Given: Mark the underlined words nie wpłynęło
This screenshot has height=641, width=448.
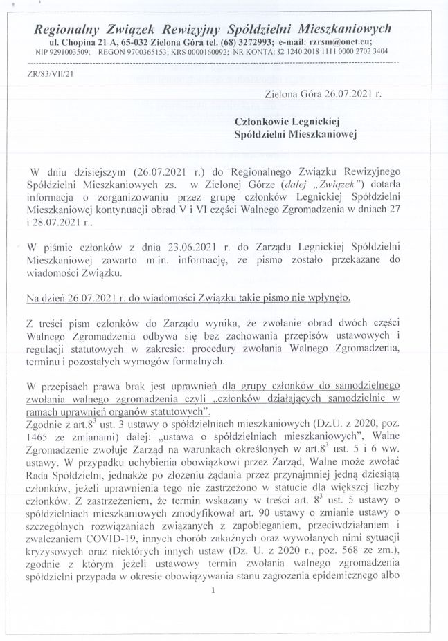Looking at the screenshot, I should pos(319,299).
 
